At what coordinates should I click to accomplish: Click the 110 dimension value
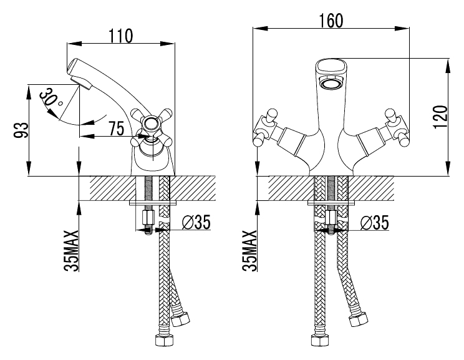(122, 36)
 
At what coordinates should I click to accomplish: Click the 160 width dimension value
(331, 21)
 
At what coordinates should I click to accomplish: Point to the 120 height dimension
(440, 117)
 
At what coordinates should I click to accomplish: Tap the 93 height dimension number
(21, 130)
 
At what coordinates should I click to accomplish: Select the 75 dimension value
(116, 128)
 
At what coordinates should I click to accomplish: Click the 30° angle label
(51, 98)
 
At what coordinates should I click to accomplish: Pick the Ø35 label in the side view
(196, 222)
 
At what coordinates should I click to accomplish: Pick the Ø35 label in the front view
(374, 222)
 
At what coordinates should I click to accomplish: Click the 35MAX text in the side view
(71, 250)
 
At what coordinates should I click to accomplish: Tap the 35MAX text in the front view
(249, 250)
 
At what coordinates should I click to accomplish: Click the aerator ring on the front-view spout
(331, 82)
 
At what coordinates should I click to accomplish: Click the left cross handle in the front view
(266, 128)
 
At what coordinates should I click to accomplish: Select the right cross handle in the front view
(397, 128)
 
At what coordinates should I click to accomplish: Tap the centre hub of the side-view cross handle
(151, 124)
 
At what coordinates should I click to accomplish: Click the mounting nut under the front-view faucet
(331, 218)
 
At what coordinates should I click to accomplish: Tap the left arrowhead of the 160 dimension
(260, 29)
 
